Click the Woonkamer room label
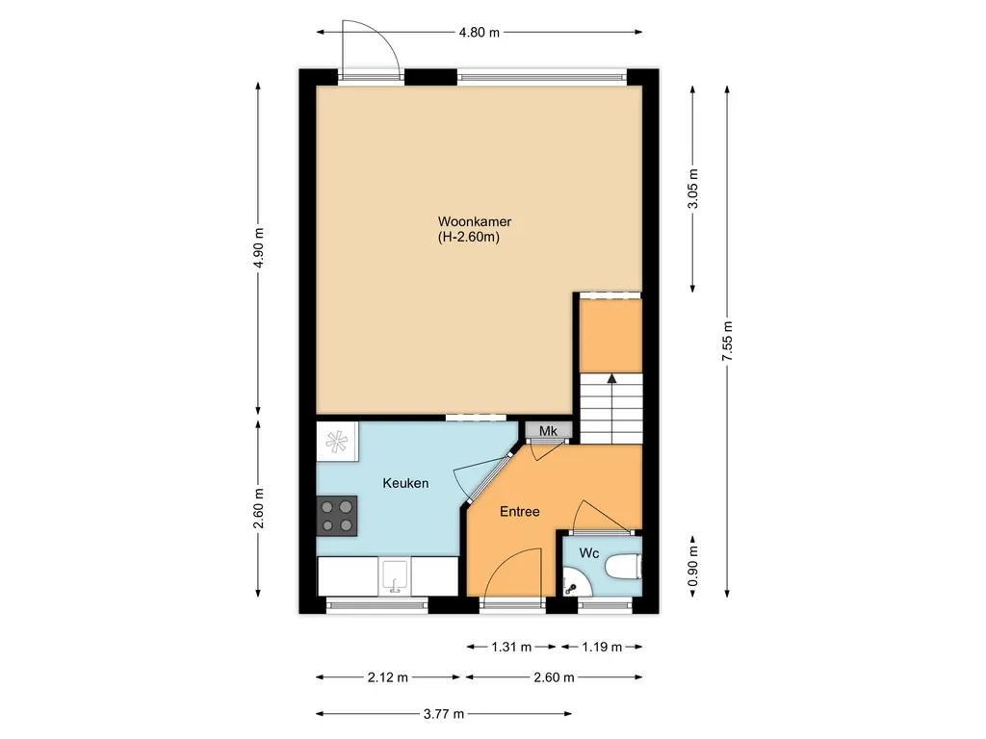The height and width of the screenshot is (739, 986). coord(474,222)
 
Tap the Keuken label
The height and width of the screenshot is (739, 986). coord(405,483)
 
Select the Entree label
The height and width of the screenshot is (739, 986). coord(519,512)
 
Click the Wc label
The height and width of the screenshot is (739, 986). coord(589,553)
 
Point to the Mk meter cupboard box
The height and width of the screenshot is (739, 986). coord(548,430)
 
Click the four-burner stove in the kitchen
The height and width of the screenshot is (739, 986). coord(336,516)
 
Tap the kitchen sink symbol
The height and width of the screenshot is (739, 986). coord(394,577)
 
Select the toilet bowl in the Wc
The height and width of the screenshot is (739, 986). coord(623,567)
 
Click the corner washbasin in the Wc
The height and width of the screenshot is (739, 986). coord(575,582)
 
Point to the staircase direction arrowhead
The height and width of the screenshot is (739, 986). coord(611,377)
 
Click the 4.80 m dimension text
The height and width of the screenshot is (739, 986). coord(480,33)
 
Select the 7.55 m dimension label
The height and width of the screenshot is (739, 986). coord(728,342)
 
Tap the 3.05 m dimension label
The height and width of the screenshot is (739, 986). coord(693,189)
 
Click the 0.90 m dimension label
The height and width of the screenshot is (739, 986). coord(693,566)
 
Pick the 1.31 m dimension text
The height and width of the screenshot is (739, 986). coord(511,647)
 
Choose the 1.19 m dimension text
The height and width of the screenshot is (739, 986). coord(602,647)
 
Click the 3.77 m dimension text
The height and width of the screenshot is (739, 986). coord(444,714)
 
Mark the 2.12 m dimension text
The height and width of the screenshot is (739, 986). coord(388,677)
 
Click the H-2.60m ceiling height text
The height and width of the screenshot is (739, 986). coord(469,238)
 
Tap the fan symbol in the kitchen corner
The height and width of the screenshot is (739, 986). coord(336,441)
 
